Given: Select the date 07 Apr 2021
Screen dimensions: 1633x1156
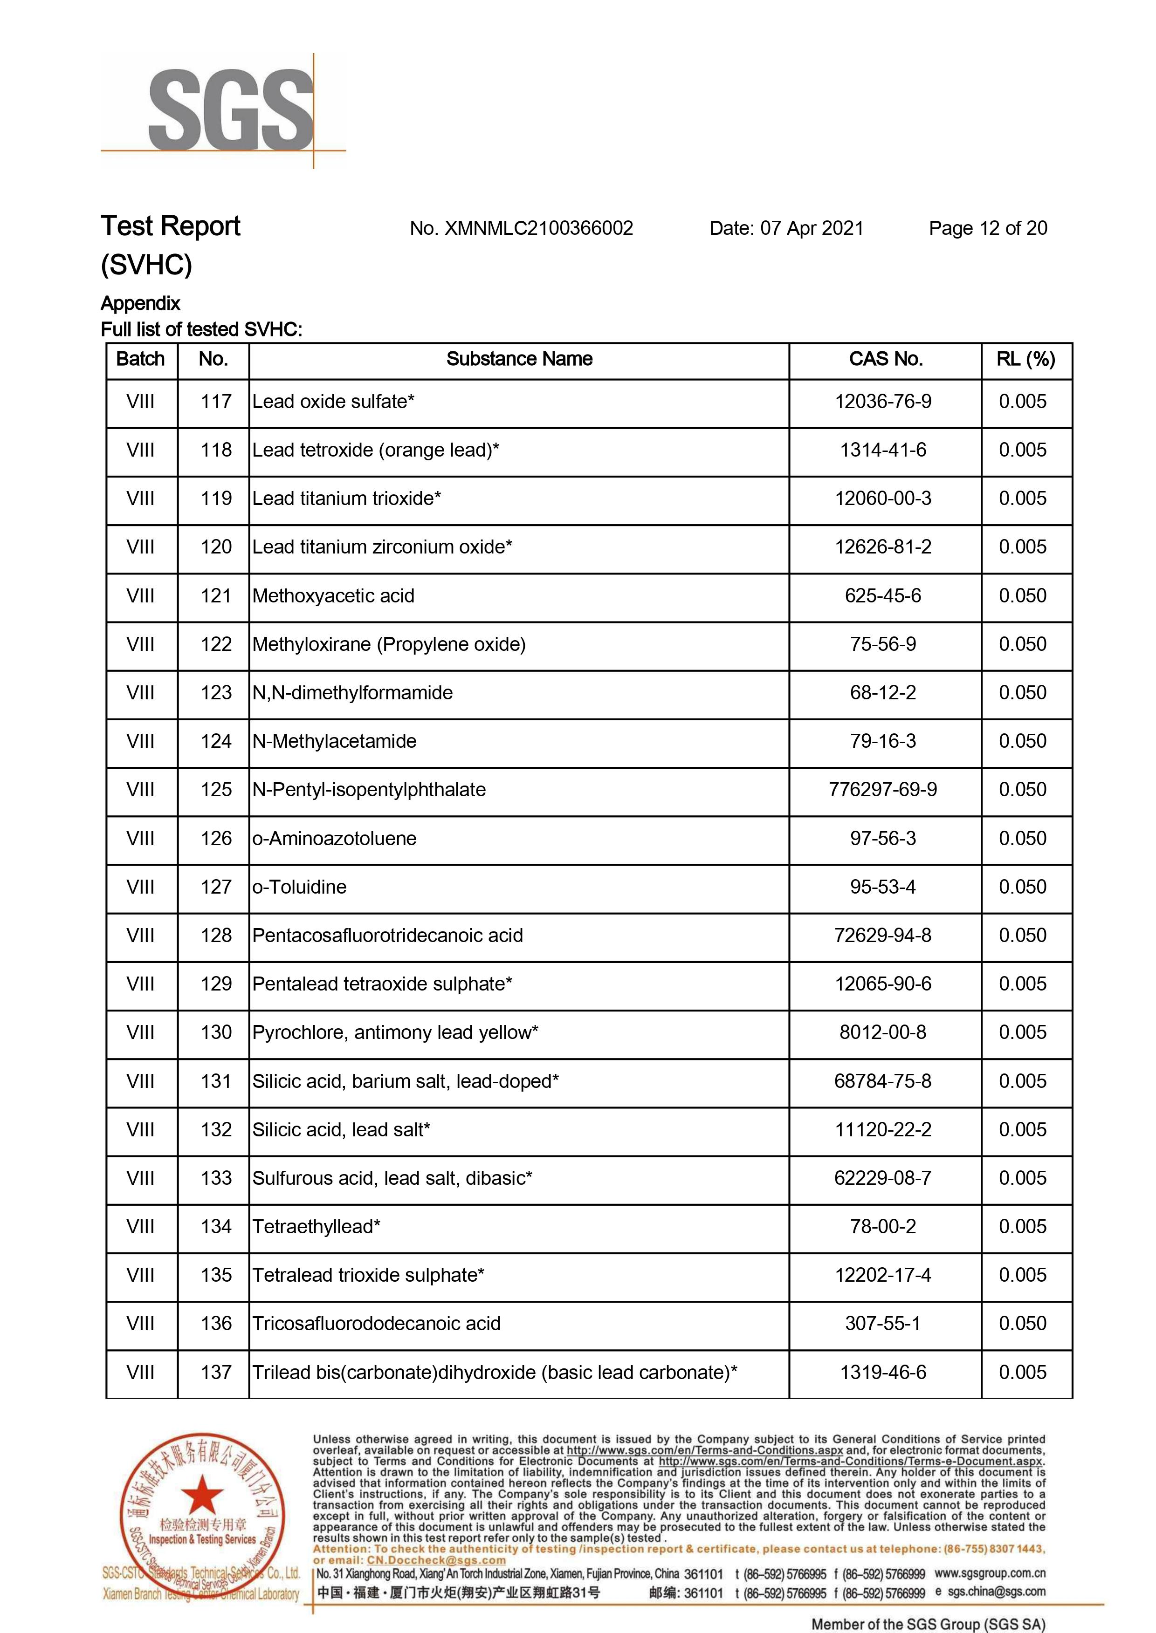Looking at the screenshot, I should click(812, 228).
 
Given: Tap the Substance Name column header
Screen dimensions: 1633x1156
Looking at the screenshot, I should click(519, 359).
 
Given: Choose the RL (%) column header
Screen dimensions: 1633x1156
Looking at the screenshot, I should click(1026, 359).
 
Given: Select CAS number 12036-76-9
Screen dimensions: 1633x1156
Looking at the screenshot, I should click(883, 402).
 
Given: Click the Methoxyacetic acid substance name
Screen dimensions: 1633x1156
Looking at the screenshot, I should click(333, 596).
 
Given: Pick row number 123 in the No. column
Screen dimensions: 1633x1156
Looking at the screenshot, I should click(216, 693).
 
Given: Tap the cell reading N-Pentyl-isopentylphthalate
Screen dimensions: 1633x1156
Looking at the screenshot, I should click(369, 790).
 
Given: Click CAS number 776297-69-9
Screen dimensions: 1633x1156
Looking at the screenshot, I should click(883, 790).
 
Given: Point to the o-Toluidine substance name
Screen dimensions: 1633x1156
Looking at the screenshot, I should click(299, 887).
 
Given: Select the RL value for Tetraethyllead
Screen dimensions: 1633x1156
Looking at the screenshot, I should click(1022, 1227).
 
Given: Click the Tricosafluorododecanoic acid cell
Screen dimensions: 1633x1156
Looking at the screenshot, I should click(376, 1324).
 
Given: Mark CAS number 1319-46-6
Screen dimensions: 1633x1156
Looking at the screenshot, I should click(883, 1373).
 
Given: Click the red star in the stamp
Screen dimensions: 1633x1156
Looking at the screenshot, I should click(203, 1494).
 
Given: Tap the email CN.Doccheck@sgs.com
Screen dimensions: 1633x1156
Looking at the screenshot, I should click(436, 1560).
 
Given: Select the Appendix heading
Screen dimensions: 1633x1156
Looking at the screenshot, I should click(140, 304).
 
